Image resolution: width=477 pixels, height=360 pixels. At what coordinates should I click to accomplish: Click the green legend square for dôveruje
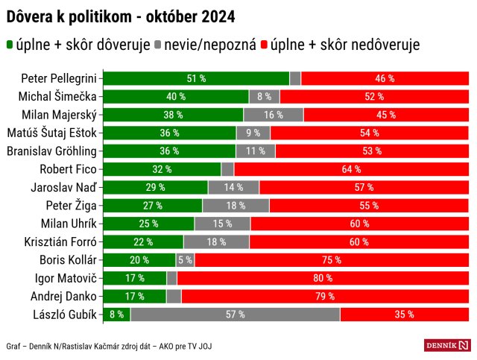pos(10,45)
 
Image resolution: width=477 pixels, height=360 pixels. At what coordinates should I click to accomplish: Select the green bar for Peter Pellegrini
pos(196,78)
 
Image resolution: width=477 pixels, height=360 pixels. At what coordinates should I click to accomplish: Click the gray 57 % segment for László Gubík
pos(235,315)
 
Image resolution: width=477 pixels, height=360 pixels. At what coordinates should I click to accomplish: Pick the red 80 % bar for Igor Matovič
pos(323,278)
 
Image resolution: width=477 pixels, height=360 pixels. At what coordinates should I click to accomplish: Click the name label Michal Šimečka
pos(60,96)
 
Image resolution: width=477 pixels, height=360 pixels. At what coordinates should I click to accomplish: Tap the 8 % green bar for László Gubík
pos(116,315)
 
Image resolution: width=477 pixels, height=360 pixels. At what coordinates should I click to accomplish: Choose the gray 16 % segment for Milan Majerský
pos(274,115)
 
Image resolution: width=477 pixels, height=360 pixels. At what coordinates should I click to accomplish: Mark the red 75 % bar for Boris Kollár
pos(332,260)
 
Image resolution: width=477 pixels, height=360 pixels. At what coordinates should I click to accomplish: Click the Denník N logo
pos(447,345)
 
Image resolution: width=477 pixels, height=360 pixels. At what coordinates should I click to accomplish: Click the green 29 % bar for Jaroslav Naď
pos(155,187)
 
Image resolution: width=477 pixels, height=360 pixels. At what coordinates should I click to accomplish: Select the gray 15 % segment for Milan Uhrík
pos(222,224)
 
